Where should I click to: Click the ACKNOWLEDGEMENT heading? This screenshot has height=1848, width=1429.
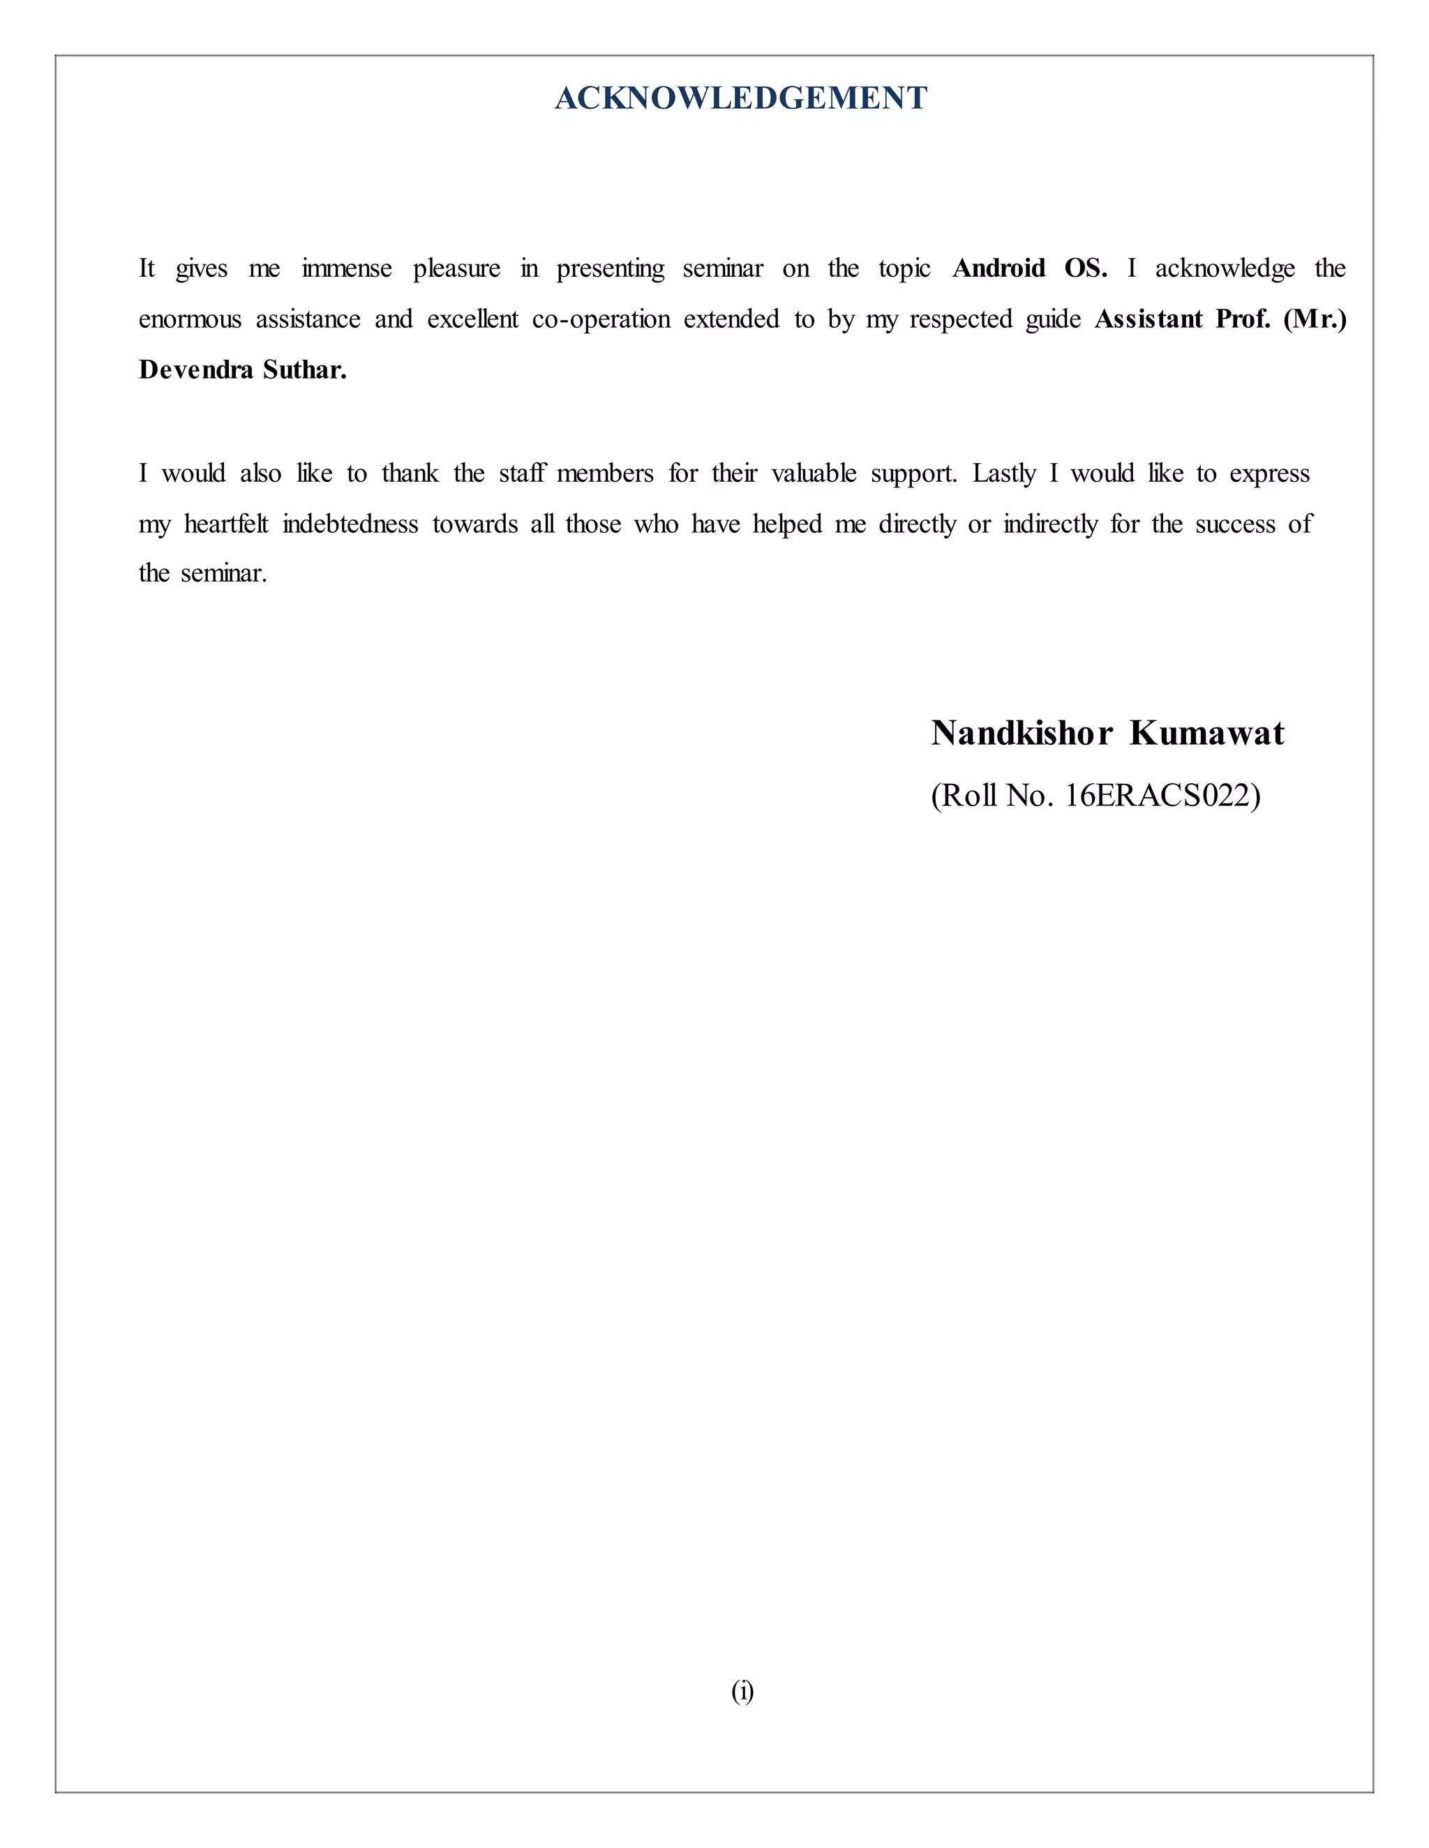point(741,98)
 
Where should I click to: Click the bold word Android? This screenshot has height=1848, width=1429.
point(999,268)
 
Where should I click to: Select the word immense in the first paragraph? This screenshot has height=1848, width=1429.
point(346,268)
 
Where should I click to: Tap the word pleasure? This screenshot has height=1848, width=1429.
point(456,268)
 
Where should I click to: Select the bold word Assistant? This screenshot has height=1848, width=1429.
point(1148,319)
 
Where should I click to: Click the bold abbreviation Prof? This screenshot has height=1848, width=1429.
point(1243,319)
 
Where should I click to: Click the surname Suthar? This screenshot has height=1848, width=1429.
point(305,370)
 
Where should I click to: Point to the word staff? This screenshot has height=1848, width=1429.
point(521,473)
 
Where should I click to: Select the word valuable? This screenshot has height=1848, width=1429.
point(814,473)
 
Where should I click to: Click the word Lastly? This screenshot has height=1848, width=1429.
point(1004,473)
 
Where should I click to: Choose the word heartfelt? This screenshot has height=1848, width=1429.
point(226,524)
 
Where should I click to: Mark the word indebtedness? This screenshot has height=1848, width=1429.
point(350,524)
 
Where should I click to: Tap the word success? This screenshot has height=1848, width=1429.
point(1235,524)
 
